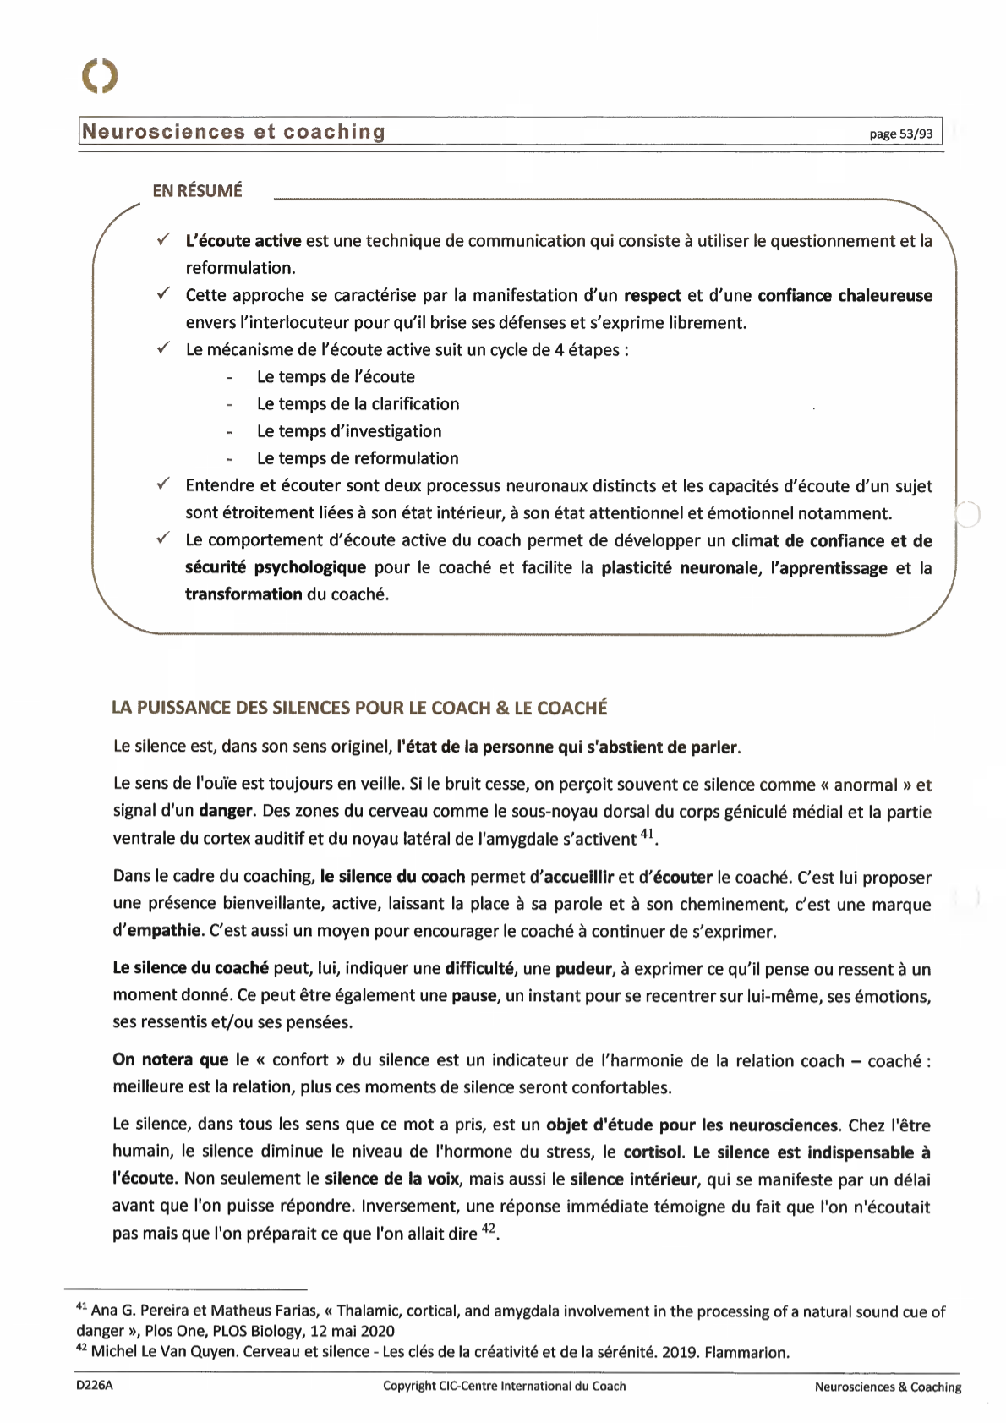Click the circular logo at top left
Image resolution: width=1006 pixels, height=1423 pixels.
(x=100, y=75)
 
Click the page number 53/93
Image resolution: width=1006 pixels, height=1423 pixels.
(x=901, y=134)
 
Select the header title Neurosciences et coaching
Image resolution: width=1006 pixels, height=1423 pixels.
(x=234, y=132)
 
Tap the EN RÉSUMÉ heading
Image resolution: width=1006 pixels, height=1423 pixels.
(x=197, y=191)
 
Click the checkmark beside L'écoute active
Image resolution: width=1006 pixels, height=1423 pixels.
(x=163, y=240)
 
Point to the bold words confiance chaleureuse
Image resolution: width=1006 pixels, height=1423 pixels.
(x=845, y=295)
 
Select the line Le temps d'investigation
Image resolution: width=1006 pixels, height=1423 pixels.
(x=349, y=431)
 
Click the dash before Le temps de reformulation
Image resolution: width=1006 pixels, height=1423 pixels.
(x=230, y=459)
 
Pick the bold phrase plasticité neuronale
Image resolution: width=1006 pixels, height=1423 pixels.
(x=680, y=568)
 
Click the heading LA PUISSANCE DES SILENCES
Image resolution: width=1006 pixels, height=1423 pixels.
(x=359, y=708)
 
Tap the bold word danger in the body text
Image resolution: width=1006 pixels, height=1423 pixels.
(x=226, y=812)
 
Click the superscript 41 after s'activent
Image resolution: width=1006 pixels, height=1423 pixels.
(x=647, y=835)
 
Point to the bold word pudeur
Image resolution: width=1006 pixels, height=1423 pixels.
(x=583, y=969)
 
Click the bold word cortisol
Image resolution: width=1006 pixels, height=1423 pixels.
(x=653, y=1152)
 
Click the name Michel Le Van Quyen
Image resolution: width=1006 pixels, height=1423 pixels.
(x=164, y=1352)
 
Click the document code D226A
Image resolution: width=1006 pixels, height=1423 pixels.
(x=94, y=1386)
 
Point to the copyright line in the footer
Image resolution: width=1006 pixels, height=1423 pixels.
(x=504, y=1386)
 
